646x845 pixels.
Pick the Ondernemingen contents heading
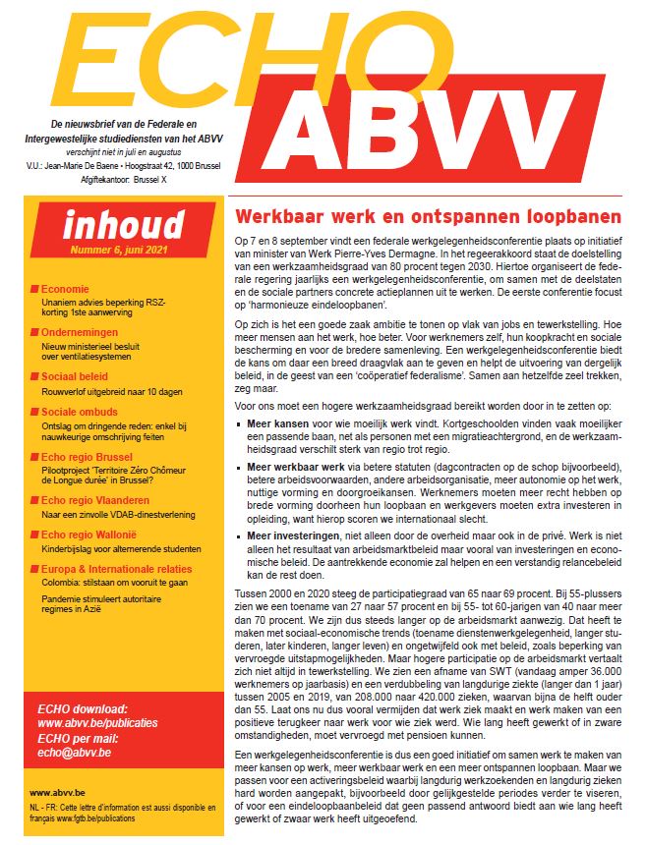tap(82, 332)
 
